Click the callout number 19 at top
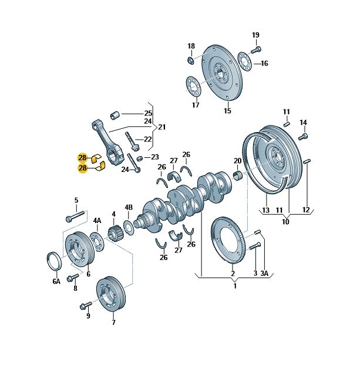coord(255,35)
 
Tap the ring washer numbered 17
coord(193,86)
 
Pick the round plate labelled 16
coord(245,61)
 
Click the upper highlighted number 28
coord(82,157)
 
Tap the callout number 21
coord(162,127)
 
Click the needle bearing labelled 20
coord(238,175)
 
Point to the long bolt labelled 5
coord(76,215)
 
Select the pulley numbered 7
coord(109,294)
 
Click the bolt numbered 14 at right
coord(302,137)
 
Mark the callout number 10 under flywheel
coord(285,222)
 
